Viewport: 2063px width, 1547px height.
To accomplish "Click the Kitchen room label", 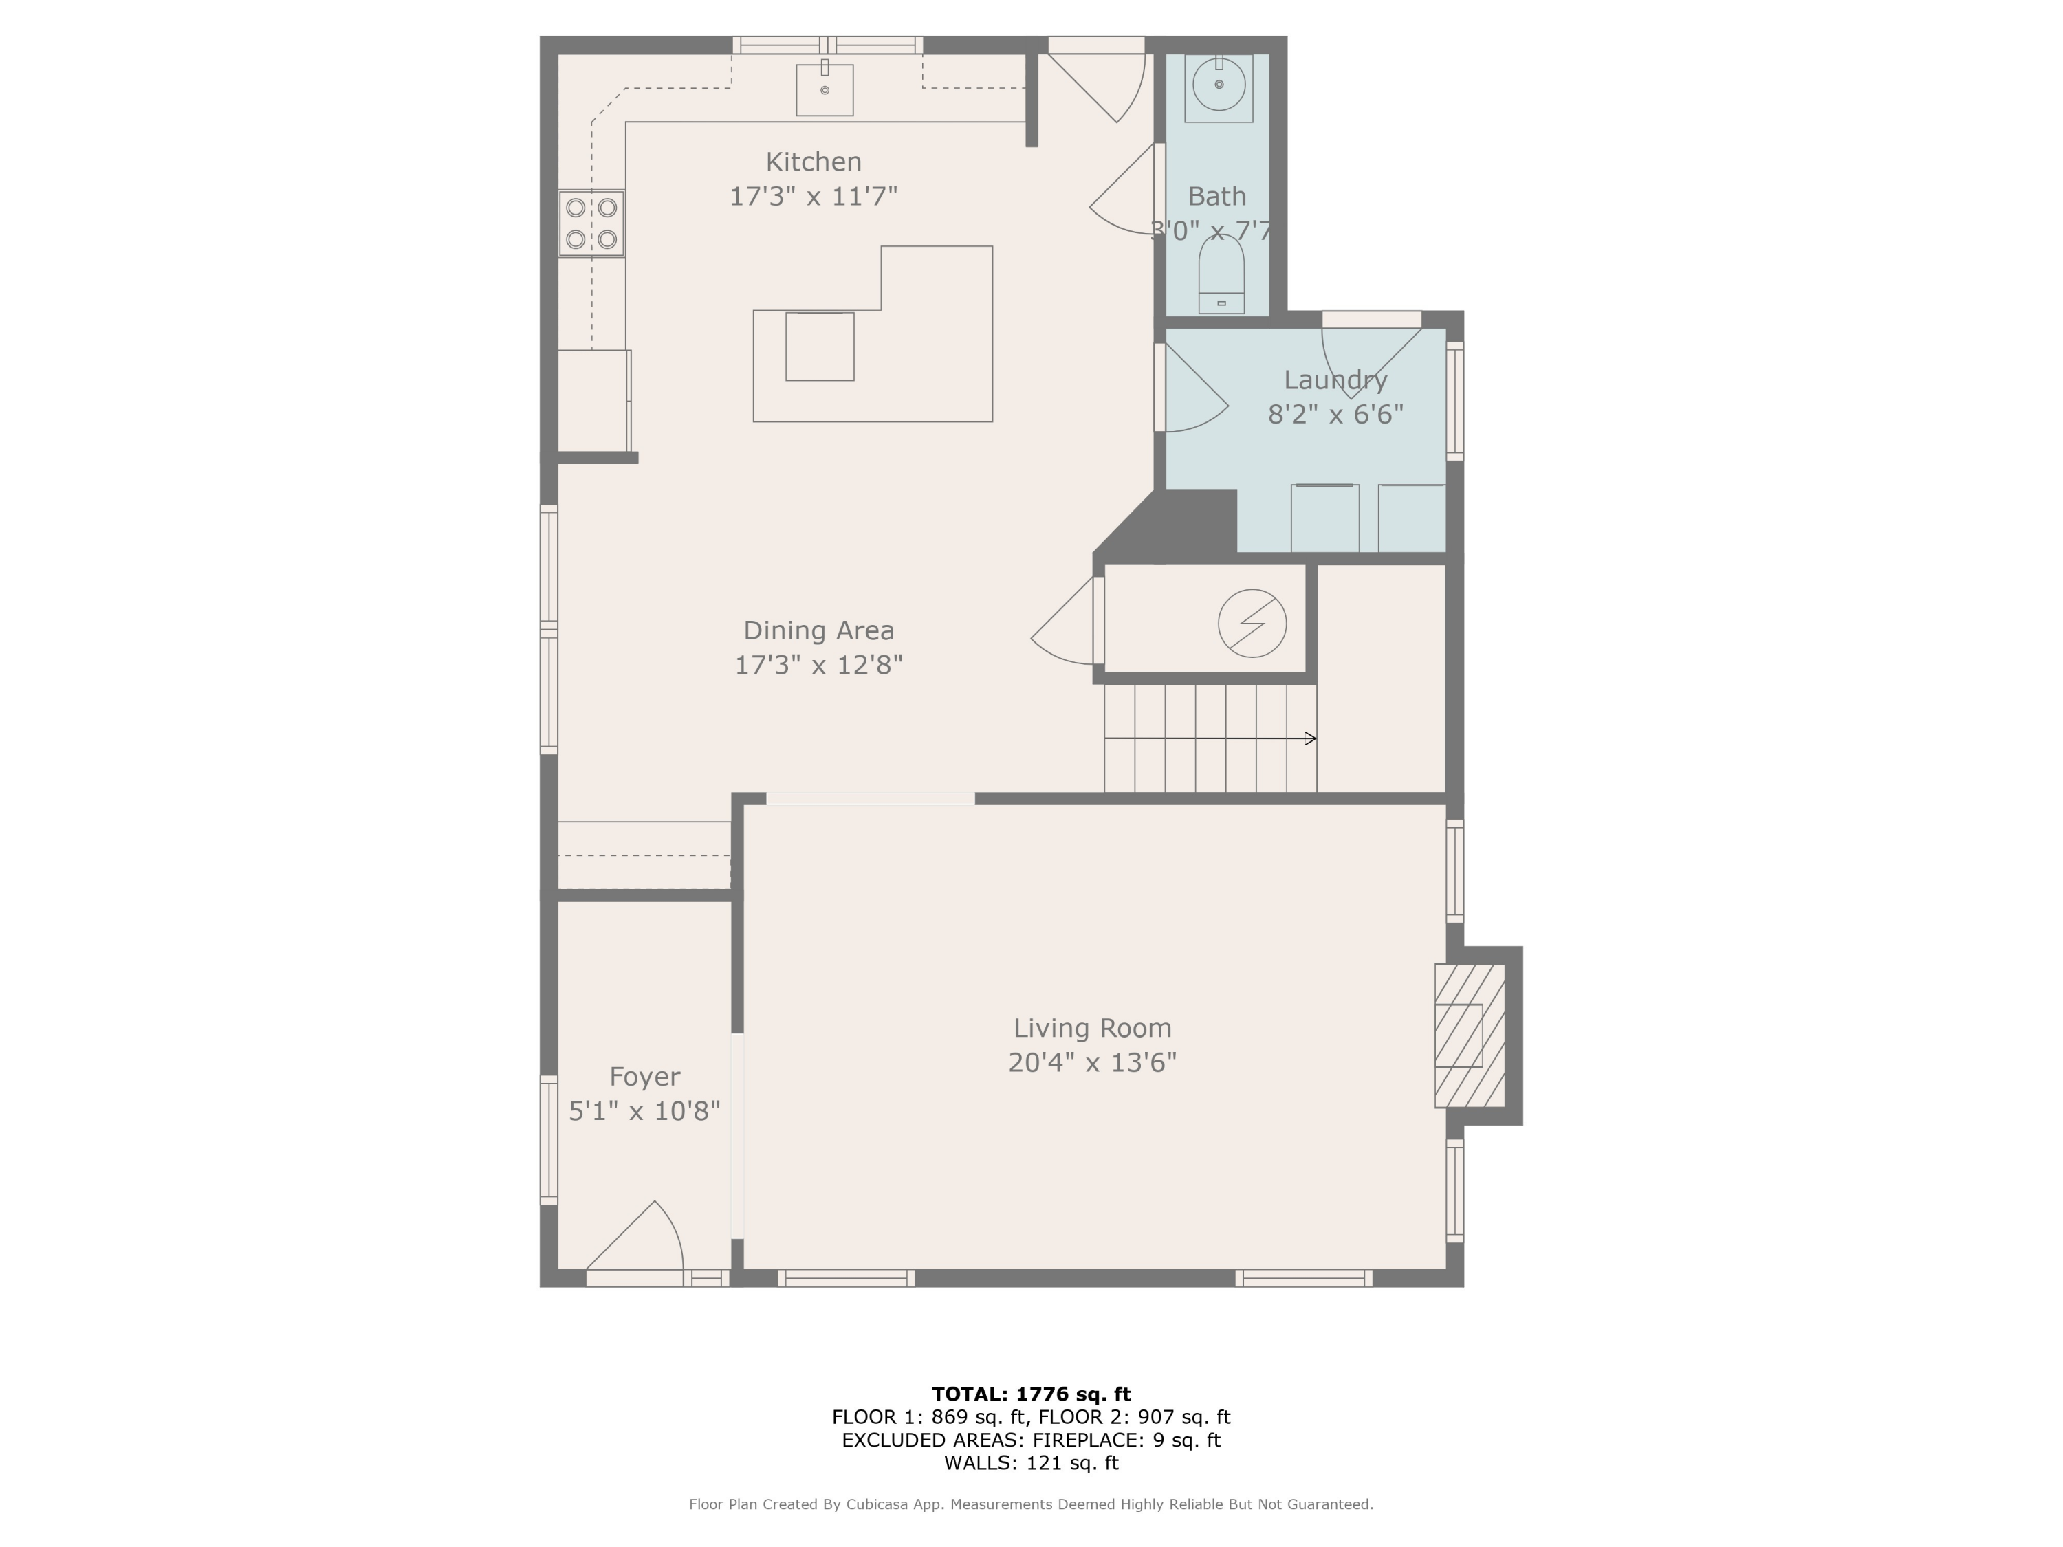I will (x=814, y=162).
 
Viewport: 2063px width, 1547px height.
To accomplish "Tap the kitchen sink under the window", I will (x=825, y=89).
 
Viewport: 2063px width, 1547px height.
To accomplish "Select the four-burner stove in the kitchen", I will (x=591, y=223).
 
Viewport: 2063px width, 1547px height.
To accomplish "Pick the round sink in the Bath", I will (x=1219, y=85).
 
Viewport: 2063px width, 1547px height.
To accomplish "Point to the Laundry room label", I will (x=1335, y=380).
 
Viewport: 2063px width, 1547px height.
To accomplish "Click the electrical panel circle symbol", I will (x=1252, y=623).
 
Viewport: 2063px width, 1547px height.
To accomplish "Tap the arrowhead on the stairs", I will (x=1311, y=738).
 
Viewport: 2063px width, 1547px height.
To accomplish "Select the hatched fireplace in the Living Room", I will (x=1469, y=1035).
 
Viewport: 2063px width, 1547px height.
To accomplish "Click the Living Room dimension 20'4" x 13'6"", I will (x=1092, y=1062).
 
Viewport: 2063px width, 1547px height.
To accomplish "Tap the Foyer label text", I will (x=644, y=1076).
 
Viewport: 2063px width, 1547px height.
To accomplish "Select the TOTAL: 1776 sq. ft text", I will (x=1031, y=1394).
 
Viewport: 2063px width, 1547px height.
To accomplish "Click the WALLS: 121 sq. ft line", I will (x=1031, y=1462).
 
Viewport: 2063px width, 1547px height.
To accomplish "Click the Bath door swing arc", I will (x=1124, y=201).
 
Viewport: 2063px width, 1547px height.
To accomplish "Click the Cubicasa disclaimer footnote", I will (x=1031, y=1504).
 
